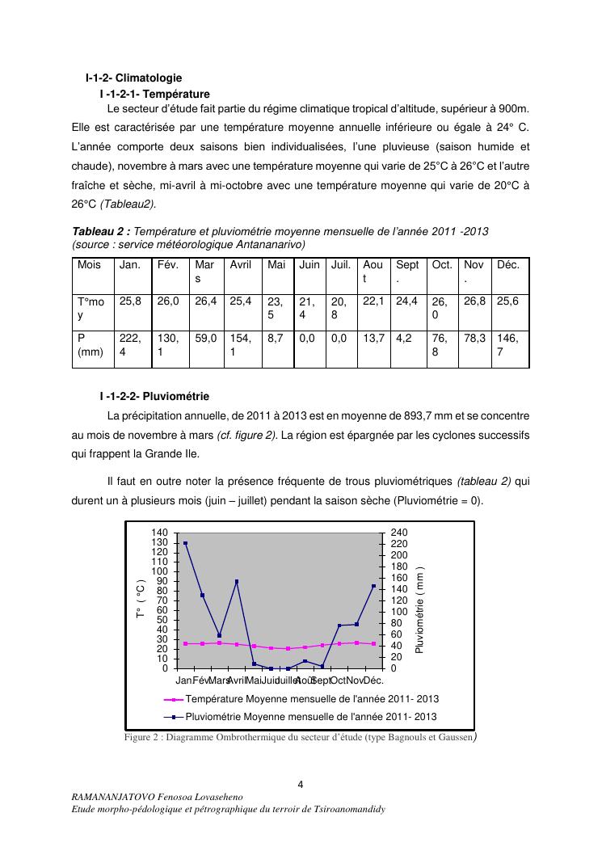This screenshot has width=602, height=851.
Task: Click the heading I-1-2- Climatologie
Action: [133, 78]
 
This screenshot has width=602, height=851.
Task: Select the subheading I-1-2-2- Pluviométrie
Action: [154, 396]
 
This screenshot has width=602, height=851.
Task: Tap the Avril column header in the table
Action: [241, 264]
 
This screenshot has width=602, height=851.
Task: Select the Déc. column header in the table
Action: [508, 264]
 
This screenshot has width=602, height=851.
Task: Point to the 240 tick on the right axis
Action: [398, 533]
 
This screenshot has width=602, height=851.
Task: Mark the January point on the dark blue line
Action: [185, 543]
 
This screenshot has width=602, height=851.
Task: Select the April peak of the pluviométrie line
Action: [237, 581]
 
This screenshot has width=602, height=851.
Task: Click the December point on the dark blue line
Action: [373, 586]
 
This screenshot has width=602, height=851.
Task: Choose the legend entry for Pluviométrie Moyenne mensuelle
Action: [311, 716]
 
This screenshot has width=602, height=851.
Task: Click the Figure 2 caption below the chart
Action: [299, 736]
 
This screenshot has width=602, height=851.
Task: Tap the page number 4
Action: [301, 783]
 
